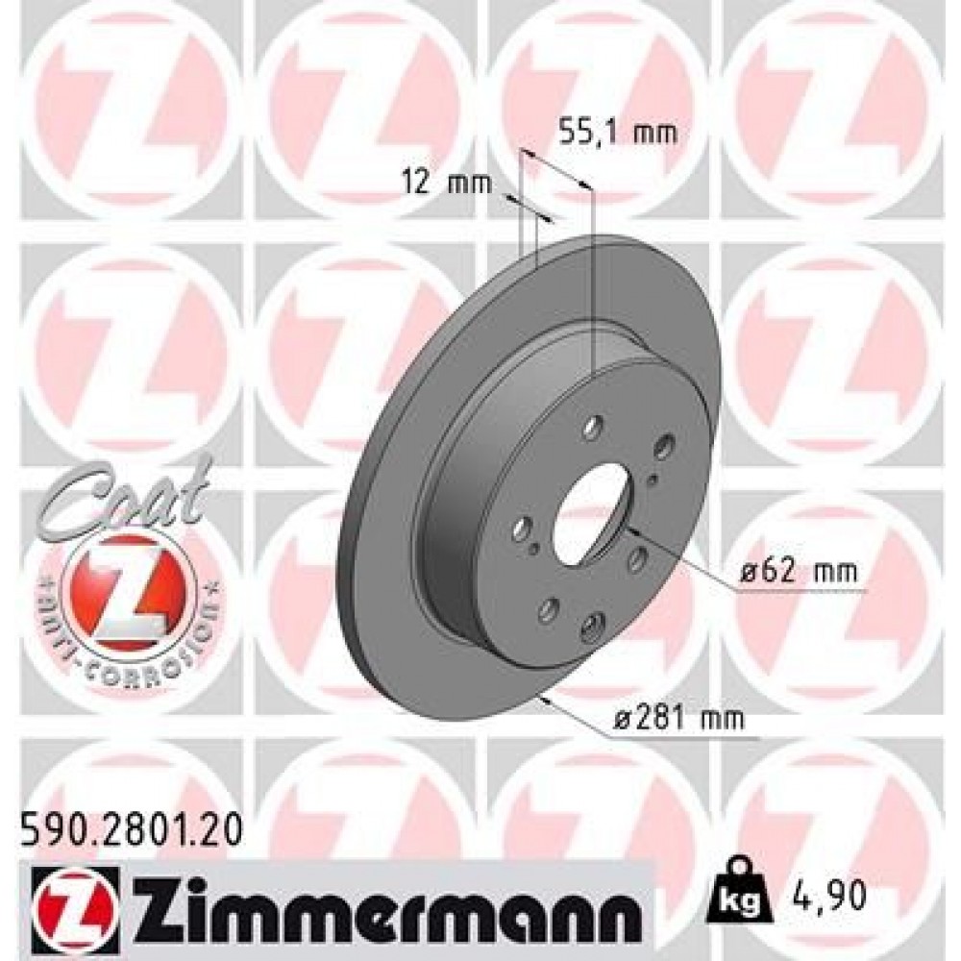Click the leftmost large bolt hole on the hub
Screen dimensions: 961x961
click(523, 528)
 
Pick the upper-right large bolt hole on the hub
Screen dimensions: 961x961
click(662, 448)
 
